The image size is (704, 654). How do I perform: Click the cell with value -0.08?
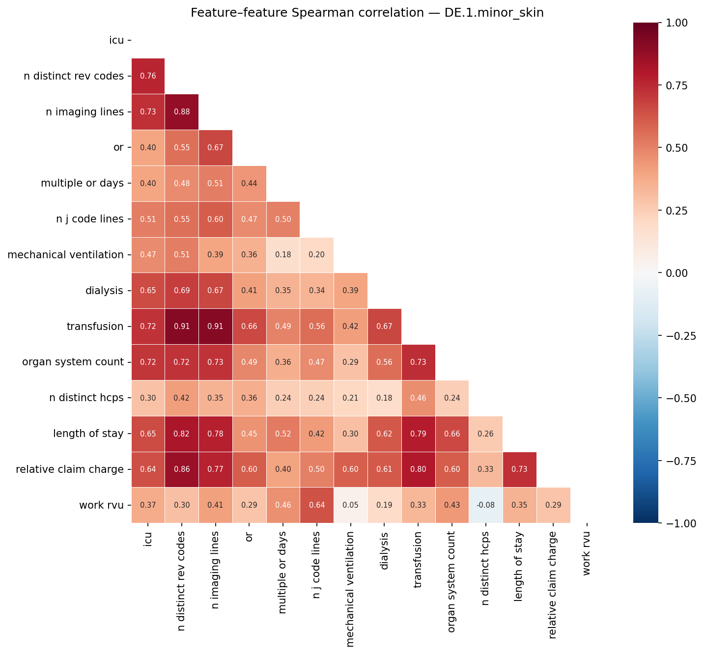pos(485,505)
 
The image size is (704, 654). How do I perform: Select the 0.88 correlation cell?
pos(182,112)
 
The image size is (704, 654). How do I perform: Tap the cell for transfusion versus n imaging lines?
pos(215,327)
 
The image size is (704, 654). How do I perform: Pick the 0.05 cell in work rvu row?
pos(350,505)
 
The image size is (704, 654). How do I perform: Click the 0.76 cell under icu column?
pos(148,76)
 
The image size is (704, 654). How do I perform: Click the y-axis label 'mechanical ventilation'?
pos(65,255)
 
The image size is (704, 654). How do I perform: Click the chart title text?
pos(367,13)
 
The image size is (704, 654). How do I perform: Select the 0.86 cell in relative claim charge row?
pos(182,469)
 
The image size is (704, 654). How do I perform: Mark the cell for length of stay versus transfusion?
pos(418,434)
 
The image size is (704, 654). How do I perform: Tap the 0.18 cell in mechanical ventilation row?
pos(283,255)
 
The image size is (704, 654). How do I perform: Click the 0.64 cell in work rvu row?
pos(316,505)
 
